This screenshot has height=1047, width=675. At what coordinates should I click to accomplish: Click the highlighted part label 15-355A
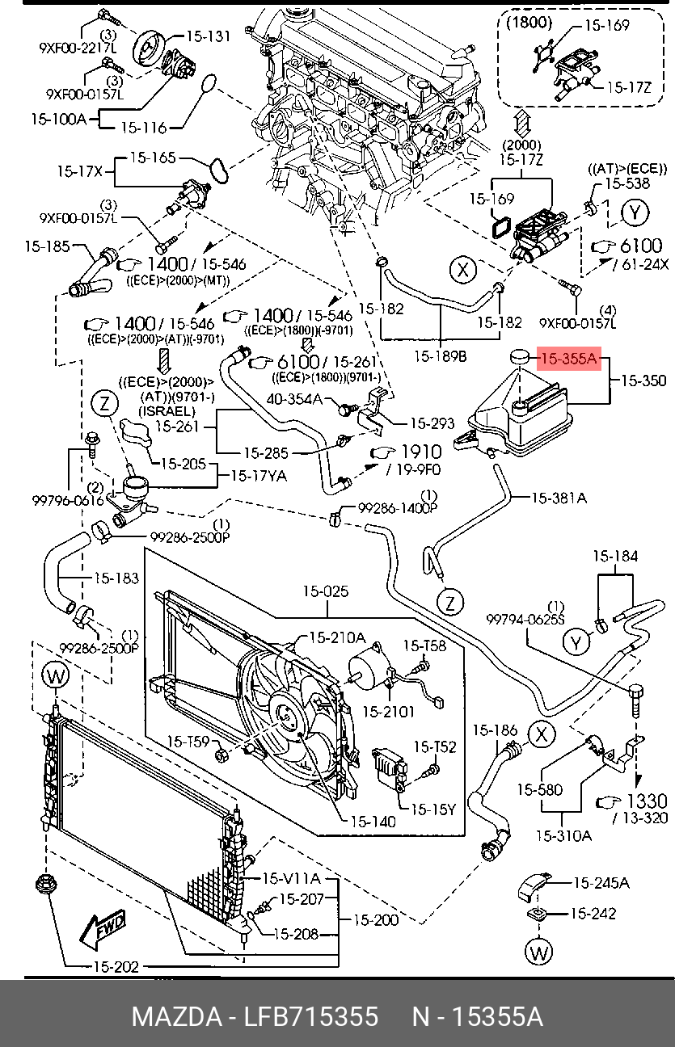click(569, 359)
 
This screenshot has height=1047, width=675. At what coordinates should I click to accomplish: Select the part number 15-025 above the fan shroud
click(326, 591)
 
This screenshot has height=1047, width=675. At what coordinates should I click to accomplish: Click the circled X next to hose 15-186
click(541, 734)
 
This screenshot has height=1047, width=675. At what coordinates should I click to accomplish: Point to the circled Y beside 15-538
click(635, 213)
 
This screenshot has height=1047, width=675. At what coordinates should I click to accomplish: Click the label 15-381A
click(559, 498)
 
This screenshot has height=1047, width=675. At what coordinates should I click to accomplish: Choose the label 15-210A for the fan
click(338, 637)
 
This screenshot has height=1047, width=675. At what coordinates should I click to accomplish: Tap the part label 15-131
click(209, 36)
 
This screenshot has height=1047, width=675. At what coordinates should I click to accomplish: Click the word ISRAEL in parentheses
click(167, 411)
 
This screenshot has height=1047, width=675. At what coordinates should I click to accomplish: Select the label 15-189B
click(441, 356)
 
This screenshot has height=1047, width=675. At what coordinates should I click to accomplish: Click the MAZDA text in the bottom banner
click(177, 1016)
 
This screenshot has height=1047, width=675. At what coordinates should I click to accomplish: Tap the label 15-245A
click(601, 883)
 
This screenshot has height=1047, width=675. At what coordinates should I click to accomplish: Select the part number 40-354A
click(294, 399)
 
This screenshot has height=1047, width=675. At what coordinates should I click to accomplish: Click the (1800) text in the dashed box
click(529, 23)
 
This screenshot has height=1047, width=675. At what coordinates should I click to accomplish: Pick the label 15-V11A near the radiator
click(291, 878)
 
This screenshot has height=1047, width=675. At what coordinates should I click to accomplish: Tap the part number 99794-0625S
click(525, 619)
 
